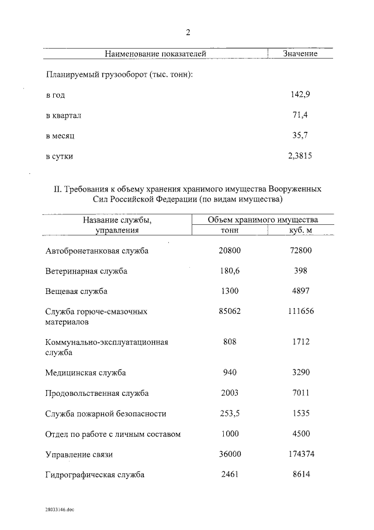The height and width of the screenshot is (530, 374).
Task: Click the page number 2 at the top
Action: pyautogui.click(x=188, y=32)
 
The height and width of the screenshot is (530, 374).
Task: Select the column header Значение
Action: pyautogui.click(x=300, y=54)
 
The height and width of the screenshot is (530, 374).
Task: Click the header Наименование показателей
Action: pyautogui.click(x=155, y=54)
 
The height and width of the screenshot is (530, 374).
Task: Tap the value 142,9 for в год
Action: pyautogui.click(x=300, y=94)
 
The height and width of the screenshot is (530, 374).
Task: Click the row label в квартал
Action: pyautogui.click(x=63, y=115)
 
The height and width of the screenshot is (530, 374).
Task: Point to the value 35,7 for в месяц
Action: pyautogui.click(x=300, y=136)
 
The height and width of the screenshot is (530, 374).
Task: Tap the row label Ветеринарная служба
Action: pyautogui.click(x=86, y=271)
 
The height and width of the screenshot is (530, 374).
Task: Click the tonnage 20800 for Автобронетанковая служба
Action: pyautogui.click(x=230, y=251)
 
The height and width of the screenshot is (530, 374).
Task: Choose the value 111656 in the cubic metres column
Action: pyautogui.click(x=300, y=312)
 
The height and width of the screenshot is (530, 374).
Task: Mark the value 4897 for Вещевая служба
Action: pyautogui.click(x=300, y=291)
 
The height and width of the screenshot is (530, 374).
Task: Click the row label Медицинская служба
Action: pyautogui.click(x=85, y=372)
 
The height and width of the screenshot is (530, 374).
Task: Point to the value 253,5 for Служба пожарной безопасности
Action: pyautogui.click(x=230, y=413)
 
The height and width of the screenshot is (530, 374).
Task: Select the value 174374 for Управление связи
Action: pyautogui.click(x=300, y=454)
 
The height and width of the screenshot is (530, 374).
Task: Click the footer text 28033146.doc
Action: pyautogui.click(x=58, y=510)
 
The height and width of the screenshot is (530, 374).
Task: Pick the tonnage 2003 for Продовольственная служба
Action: pyautogui.click(x=230, y=392)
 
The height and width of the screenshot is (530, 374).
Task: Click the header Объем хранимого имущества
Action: pyautogui.click(x=263, y=220)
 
